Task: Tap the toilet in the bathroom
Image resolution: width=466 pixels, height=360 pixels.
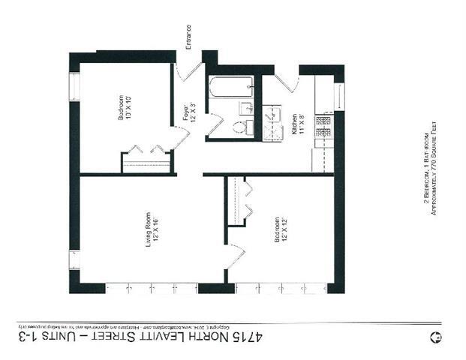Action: coord(242,127)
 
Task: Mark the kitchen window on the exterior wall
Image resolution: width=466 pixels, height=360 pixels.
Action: coord(339,97)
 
